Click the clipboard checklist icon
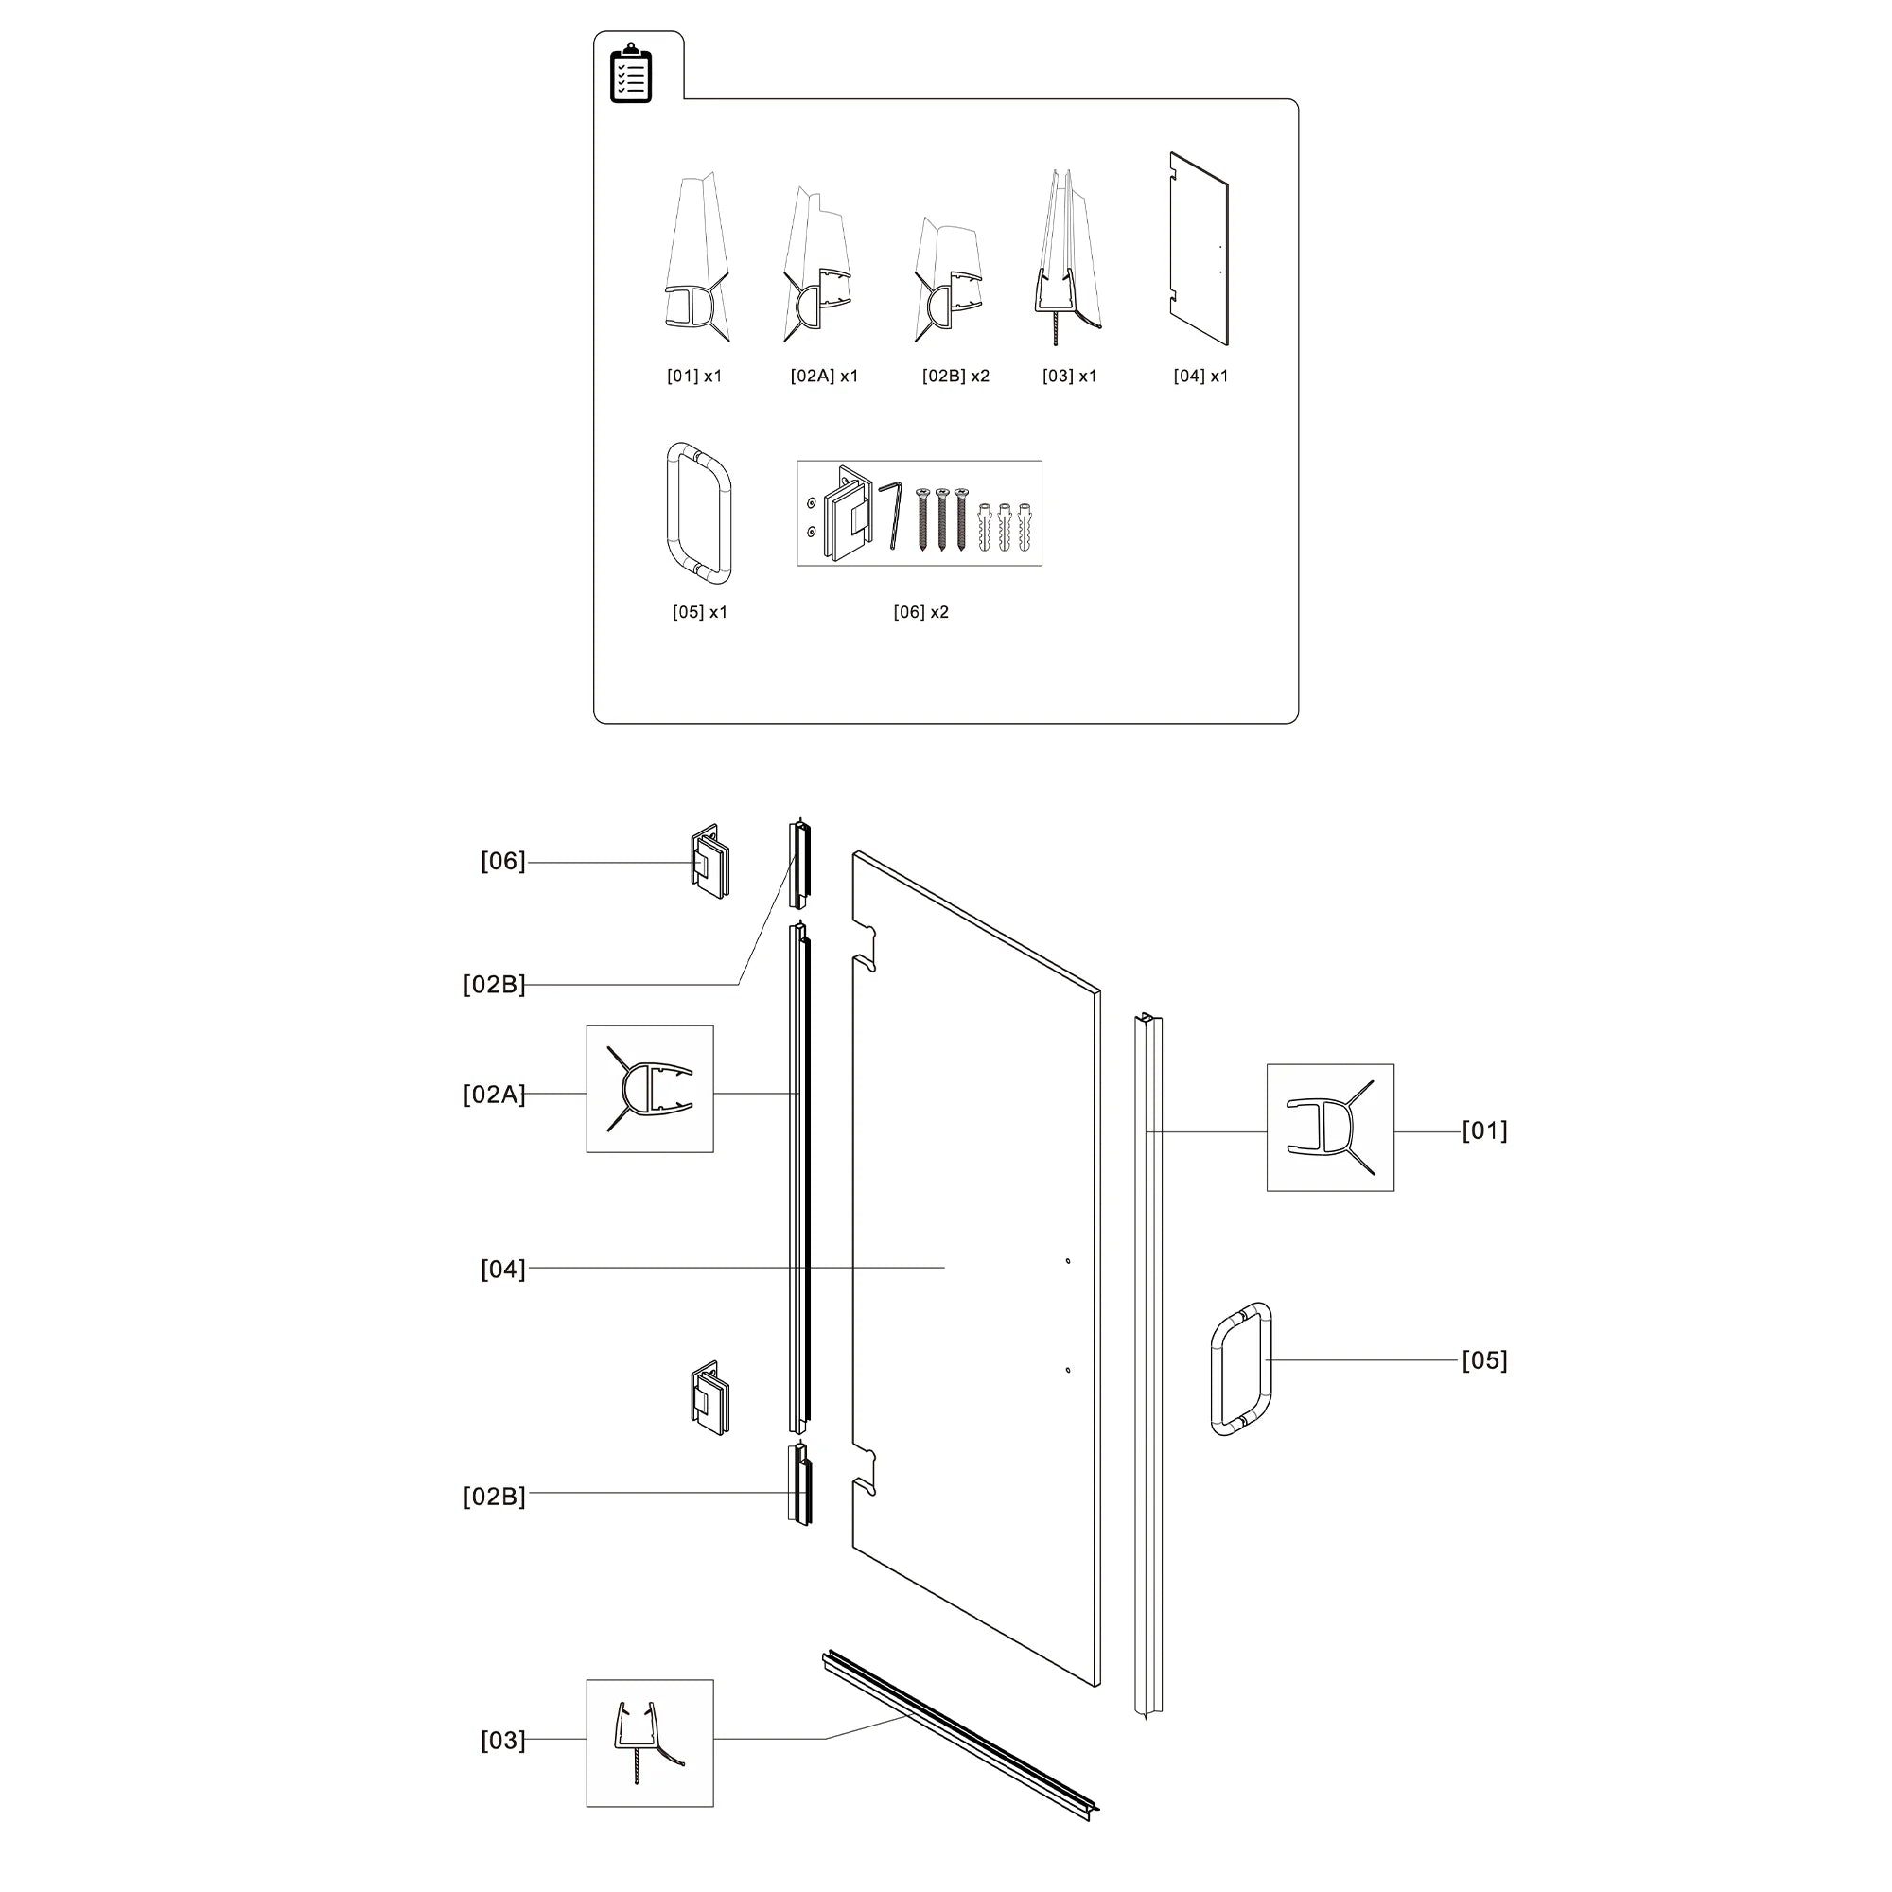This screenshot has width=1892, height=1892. (x=631, y=73)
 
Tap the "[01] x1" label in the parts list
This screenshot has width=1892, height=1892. (x=693, y=377)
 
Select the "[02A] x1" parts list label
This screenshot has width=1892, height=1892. (x=824, y=377)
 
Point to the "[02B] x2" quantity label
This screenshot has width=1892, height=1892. (x=955, y=377)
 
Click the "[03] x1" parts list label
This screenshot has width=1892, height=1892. (x=1069, y=377)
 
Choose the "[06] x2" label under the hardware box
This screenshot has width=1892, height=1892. (x=920, y=612)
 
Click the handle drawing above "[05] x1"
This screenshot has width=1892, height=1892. (x=699, y=512)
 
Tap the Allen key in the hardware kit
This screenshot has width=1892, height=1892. (x=891, y=514)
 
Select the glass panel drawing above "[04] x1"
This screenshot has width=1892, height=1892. (x=1199, y=249)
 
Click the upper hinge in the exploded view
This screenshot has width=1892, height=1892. (x=709, y=862)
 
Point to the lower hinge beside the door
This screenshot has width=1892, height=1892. (x=709, y=1399)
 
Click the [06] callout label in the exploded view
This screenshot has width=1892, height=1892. (x=502, y=862)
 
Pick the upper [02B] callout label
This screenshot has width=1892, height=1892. (x=494, y=985)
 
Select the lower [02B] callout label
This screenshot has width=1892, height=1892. (x=494, y=1498)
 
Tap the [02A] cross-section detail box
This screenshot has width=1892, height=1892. (x=649, y=1089)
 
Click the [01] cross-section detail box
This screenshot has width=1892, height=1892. (x=1330, y=1128)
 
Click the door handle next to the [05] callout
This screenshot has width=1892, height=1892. (x=1241, y=1369)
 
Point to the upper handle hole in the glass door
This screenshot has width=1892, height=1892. (x=1067, y=1261)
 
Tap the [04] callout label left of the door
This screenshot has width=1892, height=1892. (x=502, y=1270)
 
